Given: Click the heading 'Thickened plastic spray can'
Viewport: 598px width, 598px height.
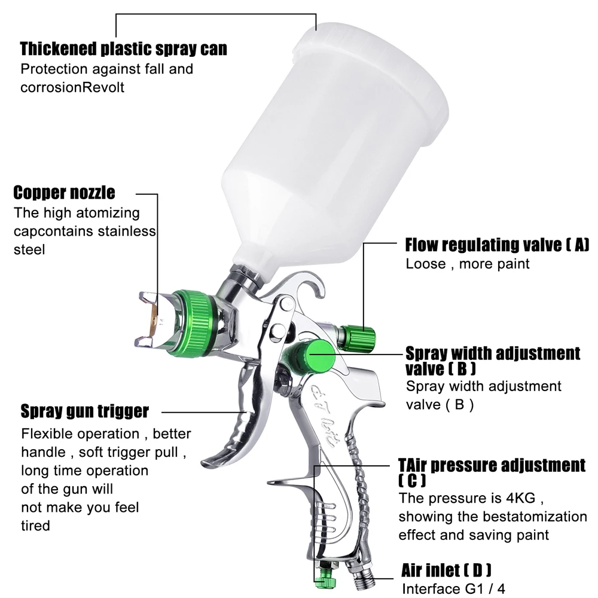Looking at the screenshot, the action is [124, 48].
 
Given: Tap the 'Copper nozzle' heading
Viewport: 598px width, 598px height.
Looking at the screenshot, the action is [65, 193].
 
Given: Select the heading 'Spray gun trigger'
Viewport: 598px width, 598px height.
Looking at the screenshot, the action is [84, 411].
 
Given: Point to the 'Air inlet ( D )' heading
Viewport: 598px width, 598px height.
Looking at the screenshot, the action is [447, 569].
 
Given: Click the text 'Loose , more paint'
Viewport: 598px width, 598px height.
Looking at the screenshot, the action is [468, 264].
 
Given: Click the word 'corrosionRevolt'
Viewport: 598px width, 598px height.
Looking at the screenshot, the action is [72, 87].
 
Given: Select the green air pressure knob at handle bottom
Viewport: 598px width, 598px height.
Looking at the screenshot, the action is [327, 579].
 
